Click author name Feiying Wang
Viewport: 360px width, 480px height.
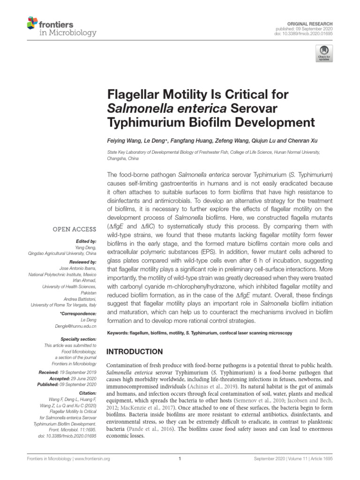(x=125, y=141)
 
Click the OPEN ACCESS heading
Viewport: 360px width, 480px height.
(x=75, y=229)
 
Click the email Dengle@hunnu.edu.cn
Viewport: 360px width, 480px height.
(x=75, y=325)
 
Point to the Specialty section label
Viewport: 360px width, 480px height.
(x=79, y=339)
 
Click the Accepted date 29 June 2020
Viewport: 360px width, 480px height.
(x=82, y=378)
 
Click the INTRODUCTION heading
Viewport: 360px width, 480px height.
(x=135, y=352)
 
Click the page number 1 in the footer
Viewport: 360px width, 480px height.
(x=180, y=459)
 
